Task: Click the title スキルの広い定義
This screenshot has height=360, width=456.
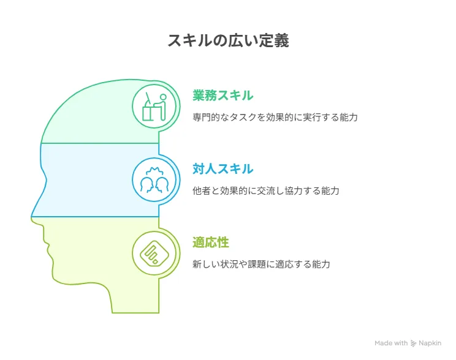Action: (228, 40)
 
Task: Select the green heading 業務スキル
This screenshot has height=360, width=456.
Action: (222, 96)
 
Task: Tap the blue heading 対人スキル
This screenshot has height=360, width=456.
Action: (222, 169)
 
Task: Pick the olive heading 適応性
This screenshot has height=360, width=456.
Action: (211, 242)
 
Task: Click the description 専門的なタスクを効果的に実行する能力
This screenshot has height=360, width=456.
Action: (275, 117)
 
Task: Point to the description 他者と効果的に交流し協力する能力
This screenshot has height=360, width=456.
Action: (266, 190)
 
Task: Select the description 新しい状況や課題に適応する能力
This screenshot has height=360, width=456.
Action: (261, 264)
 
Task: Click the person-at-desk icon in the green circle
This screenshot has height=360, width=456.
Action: (154, 107)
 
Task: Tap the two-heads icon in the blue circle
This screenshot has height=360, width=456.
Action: (154, 180)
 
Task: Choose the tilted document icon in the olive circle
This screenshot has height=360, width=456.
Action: (154, 253)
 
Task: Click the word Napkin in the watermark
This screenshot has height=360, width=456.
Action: (430, 343)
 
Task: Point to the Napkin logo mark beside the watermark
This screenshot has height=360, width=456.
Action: (413, 343)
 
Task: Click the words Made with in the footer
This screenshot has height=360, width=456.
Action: (391, 343)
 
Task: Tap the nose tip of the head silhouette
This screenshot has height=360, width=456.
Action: (31, 217)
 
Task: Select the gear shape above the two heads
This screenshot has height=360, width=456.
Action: (154, 171)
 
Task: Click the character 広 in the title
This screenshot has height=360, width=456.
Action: (235, 40)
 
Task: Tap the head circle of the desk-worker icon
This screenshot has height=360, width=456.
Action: (163, 97)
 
